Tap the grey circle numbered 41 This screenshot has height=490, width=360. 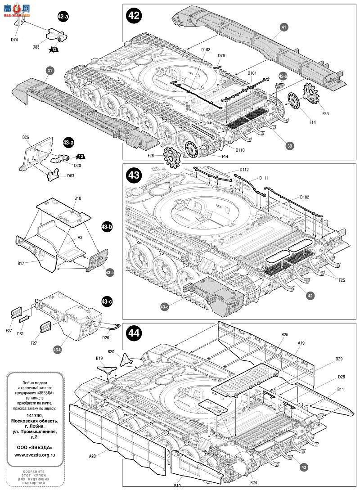[284, 27]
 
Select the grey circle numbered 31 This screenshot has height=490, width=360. [49, 70]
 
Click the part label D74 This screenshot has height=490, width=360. [14, 40]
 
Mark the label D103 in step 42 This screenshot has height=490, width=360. [205, 50]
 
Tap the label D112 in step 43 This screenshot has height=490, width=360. [244, 170]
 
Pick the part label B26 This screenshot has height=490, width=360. [26, 137]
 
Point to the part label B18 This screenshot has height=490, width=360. [78, 198]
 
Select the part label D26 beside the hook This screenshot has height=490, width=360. [105, 337]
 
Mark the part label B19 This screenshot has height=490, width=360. [99, 358]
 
